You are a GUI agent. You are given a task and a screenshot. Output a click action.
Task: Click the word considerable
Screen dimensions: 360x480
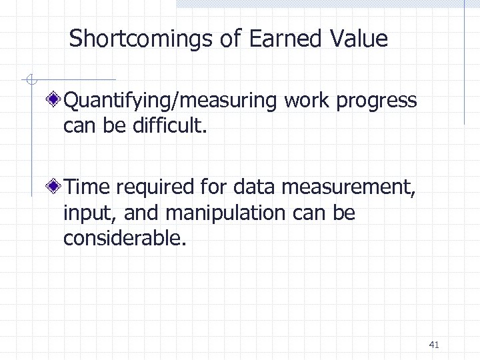point(121,240)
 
